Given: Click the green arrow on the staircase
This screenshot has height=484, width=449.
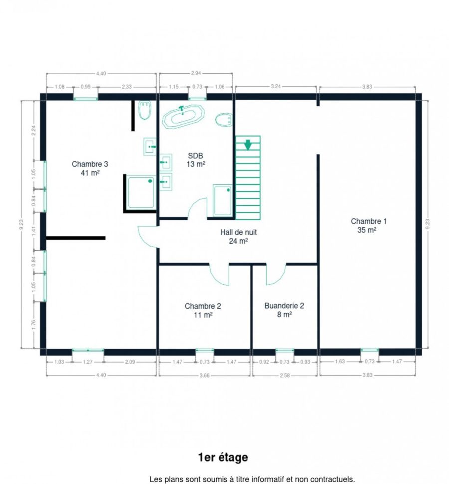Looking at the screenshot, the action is pyautogui.click(x=248, y=145).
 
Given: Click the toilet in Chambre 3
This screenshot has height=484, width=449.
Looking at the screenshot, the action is pyautogui.click(x=145, y=110).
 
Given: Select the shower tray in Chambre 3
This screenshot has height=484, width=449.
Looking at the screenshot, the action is pyautogui.click(x=141, y=192).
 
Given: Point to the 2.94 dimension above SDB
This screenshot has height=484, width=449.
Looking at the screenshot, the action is pyautogui.click(x=196, y=73).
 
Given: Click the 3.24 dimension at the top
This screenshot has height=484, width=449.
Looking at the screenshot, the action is pyautogui.click(x=276, y=86).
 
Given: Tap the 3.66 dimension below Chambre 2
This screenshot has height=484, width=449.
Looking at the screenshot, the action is pyautogui.click(x=204, y=375).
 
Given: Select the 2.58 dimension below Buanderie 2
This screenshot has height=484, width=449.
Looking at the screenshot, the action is pyautogui.click(x=285, y=375).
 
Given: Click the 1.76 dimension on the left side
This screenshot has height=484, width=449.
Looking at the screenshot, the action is pyautogui.click(x=34, y=324).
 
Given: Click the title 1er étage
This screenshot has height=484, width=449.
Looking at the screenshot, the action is pyautogui.click(x=223, y=457).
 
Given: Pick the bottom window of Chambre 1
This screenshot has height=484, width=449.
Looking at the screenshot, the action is pyautogui.click(x=370, y=350).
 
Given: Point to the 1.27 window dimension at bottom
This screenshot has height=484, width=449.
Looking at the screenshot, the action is pyautogui.click(x=88, y=362).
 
